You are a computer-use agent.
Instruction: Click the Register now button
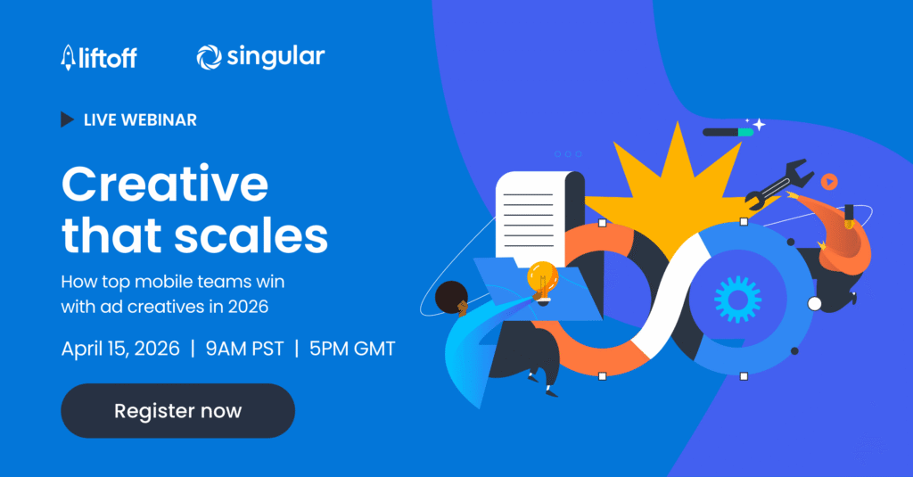click(177, 411)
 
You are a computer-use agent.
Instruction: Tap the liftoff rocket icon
click(68, 58)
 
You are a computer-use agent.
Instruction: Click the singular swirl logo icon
click(209, 57)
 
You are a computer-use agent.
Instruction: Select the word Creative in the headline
click(165, 184)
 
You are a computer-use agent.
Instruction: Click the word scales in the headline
click(251, 236)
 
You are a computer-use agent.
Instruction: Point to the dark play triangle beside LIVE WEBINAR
click(68, 119)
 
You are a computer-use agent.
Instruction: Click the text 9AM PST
click(244, 349)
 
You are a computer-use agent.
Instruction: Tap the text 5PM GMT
click(352, 349)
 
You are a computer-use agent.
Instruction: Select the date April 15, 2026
click(120, 349)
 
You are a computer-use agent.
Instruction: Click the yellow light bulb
click(543, 281)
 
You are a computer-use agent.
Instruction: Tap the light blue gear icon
click(737, 300)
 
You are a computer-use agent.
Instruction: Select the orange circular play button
click(829, 182)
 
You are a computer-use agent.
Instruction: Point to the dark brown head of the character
click(450, 297)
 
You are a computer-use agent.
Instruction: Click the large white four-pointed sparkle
click(759, 124)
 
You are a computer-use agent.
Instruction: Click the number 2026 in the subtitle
click(248, 307)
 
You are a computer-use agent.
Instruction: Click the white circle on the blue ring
click(815, 303)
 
